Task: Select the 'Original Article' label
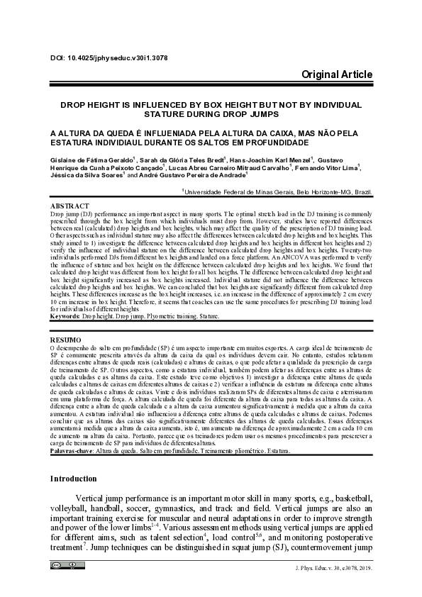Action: [337, 74]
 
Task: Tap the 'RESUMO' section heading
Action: [65, 341]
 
